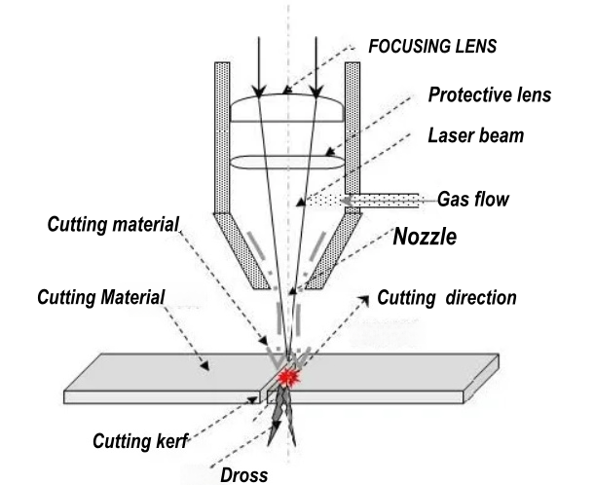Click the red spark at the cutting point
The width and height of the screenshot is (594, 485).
pos(288,375)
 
